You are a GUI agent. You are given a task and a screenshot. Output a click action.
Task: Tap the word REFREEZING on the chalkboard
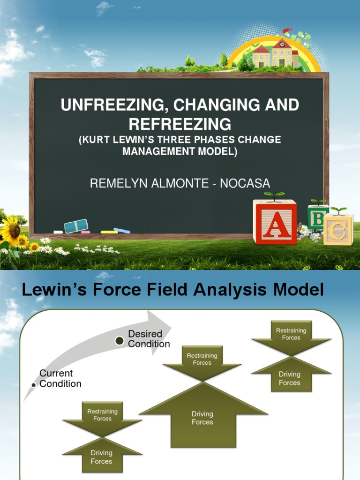point(180,124)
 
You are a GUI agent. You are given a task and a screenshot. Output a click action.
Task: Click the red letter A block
point(275,222)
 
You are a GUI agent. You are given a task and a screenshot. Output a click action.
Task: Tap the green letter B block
point(317,217)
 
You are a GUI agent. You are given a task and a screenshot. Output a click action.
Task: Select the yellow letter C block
point(338,230)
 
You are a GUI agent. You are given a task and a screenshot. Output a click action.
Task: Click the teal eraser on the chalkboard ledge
point(76,226)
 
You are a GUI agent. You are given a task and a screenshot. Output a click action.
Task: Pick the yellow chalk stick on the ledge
point(109,232)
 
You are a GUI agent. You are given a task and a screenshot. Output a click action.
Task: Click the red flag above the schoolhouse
point(285,31)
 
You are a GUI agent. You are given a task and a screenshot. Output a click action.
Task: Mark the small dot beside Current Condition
point(33,385)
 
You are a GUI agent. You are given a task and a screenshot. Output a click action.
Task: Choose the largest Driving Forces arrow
point(202,412)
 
